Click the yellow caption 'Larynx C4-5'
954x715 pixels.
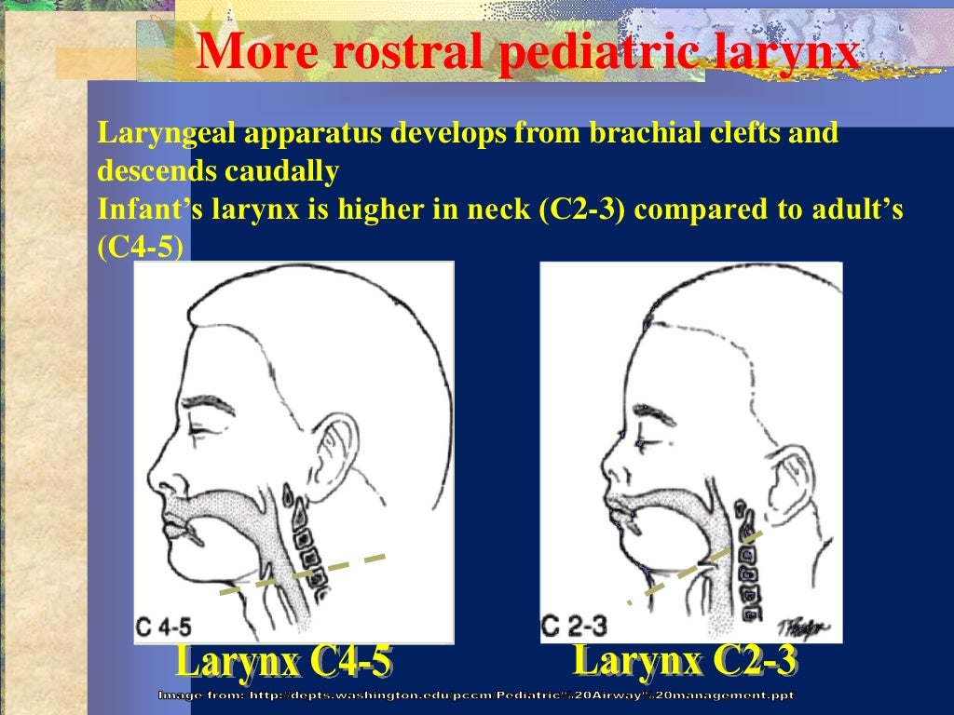[284, 663]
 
